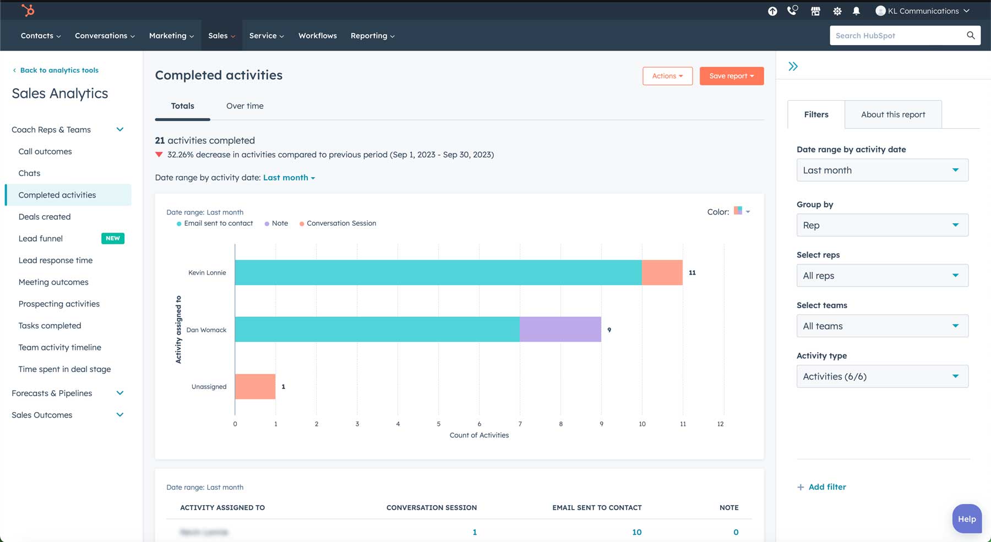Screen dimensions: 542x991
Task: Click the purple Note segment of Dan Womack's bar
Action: click(560, 329)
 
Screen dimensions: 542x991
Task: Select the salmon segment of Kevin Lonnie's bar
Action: click(662, 272)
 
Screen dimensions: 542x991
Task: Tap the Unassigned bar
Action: click(255, 386)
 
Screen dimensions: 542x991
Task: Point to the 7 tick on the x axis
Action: click(520, 424)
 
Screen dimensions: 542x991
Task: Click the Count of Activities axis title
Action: click(479, 435)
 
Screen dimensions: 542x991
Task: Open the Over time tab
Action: click(244, 106)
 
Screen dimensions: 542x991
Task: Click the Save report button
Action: click(731, 76)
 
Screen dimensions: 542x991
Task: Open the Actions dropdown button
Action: click(667, 76)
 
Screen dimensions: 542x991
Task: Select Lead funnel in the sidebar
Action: click(41, 238)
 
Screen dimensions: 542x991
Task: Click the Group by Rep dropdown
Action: click(882, 225)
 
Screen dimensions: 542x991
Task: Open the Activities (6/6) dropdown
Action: click(882, 376)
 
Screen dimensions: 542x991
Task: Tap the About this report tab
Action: click(892, 114)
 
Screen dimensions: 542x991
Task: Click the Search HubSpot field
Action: click(897, 36)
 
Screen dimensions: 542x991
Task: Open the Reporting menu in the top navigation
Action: click(372, 36)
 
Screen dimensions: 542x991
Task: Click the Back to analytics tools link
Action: click(59, 70)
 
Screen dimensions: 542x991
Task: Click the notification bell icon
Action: click(856, 11)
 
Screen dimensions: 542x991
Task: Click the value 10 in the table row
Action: click(636, 532)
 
